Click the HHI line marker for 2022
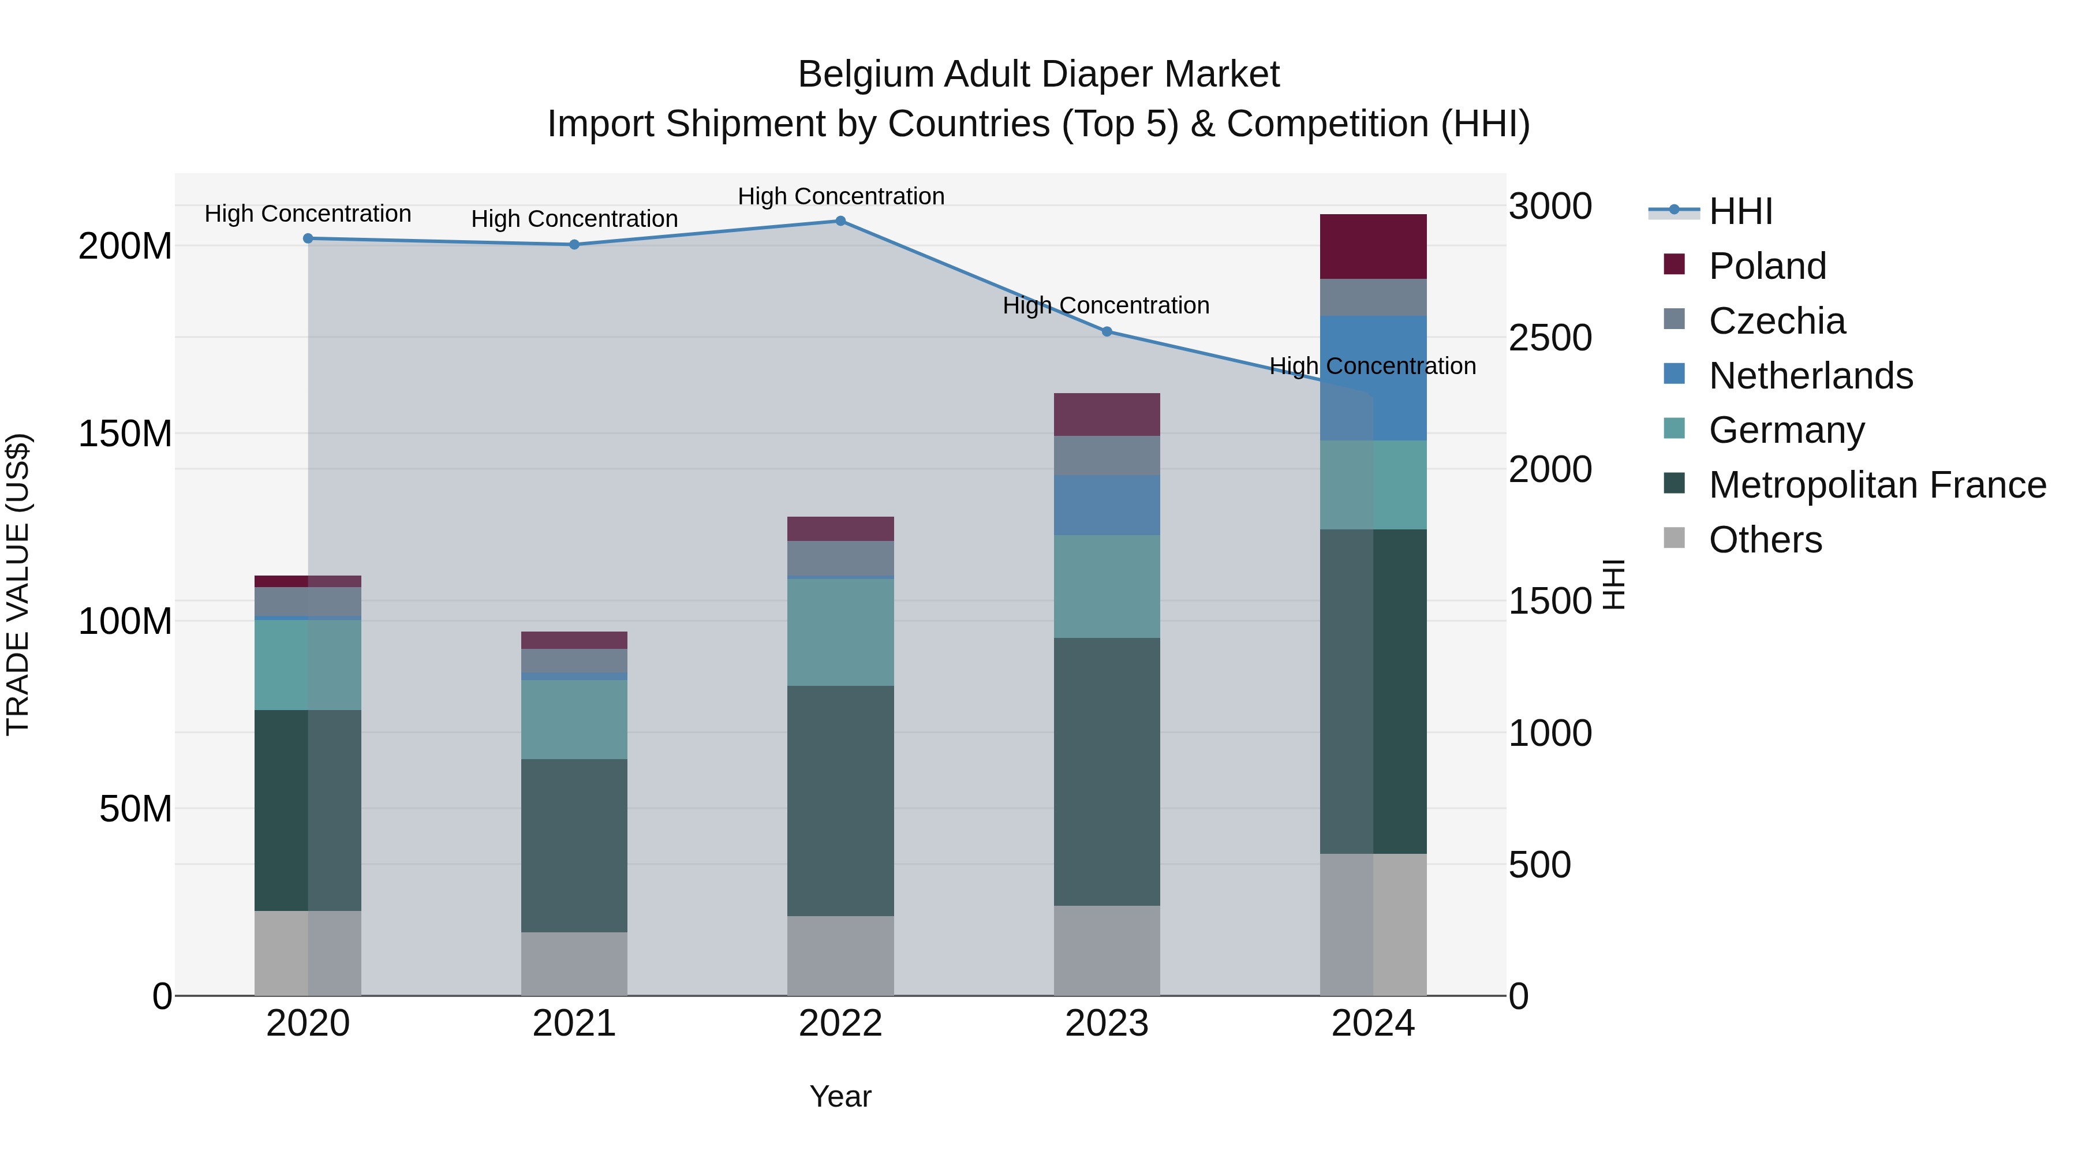click(840, 221)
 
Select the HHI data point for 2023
click(1107, 331)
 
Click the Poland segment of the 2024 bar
click(1373, 247)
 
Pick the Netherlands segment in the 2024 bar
click(1373, 378)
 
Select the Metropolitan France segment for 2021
click(574, 846)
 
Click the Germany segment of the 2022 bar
click(840, 633)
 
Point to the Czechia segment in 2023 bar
click(1107, 456)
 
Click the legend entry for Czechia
click(1776, 321)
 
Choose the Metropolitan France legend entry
click(1877, 485)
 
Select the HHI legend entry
click(1740, 211)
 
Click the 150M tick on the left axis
click(125, 434)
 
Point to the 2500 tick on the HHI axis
click(1550, 338)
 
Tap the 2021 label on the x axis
click(574, 1024)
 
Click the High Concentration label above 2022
click(840, 196)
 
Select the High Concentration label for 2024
click(1372, 366)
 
